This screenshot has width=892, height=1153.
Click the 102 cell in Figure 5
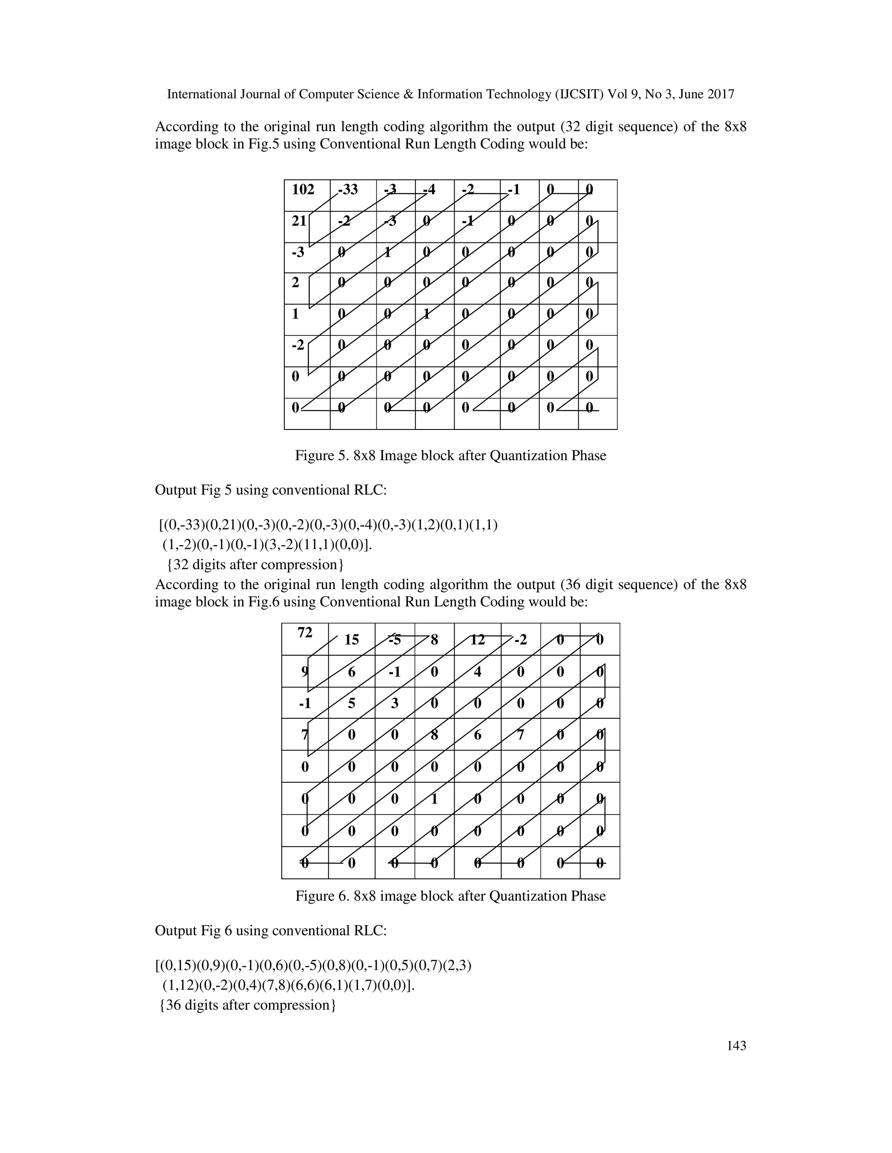point(303,190)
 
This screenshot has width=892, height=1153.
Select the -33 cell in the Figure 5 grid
point(348,190)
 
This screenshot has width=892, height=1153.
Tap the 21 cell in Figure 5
point(299,221)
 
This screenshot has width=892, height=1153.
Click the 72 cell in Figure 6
point(305,633)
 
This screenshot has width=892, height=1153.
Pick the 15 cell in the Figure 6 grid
point(351,640)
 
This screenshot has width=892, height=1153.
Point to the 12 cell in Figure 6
point(478,640)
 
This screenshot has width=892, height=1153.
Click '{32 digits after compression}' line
point(255,565)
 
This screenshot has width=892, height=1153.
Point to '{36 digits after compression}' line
point(247,1005)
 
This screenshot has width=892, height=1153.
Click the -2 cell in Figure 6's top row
point(520,640)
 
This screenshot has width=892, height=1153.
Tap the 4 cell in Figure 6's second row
point(478,672)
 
